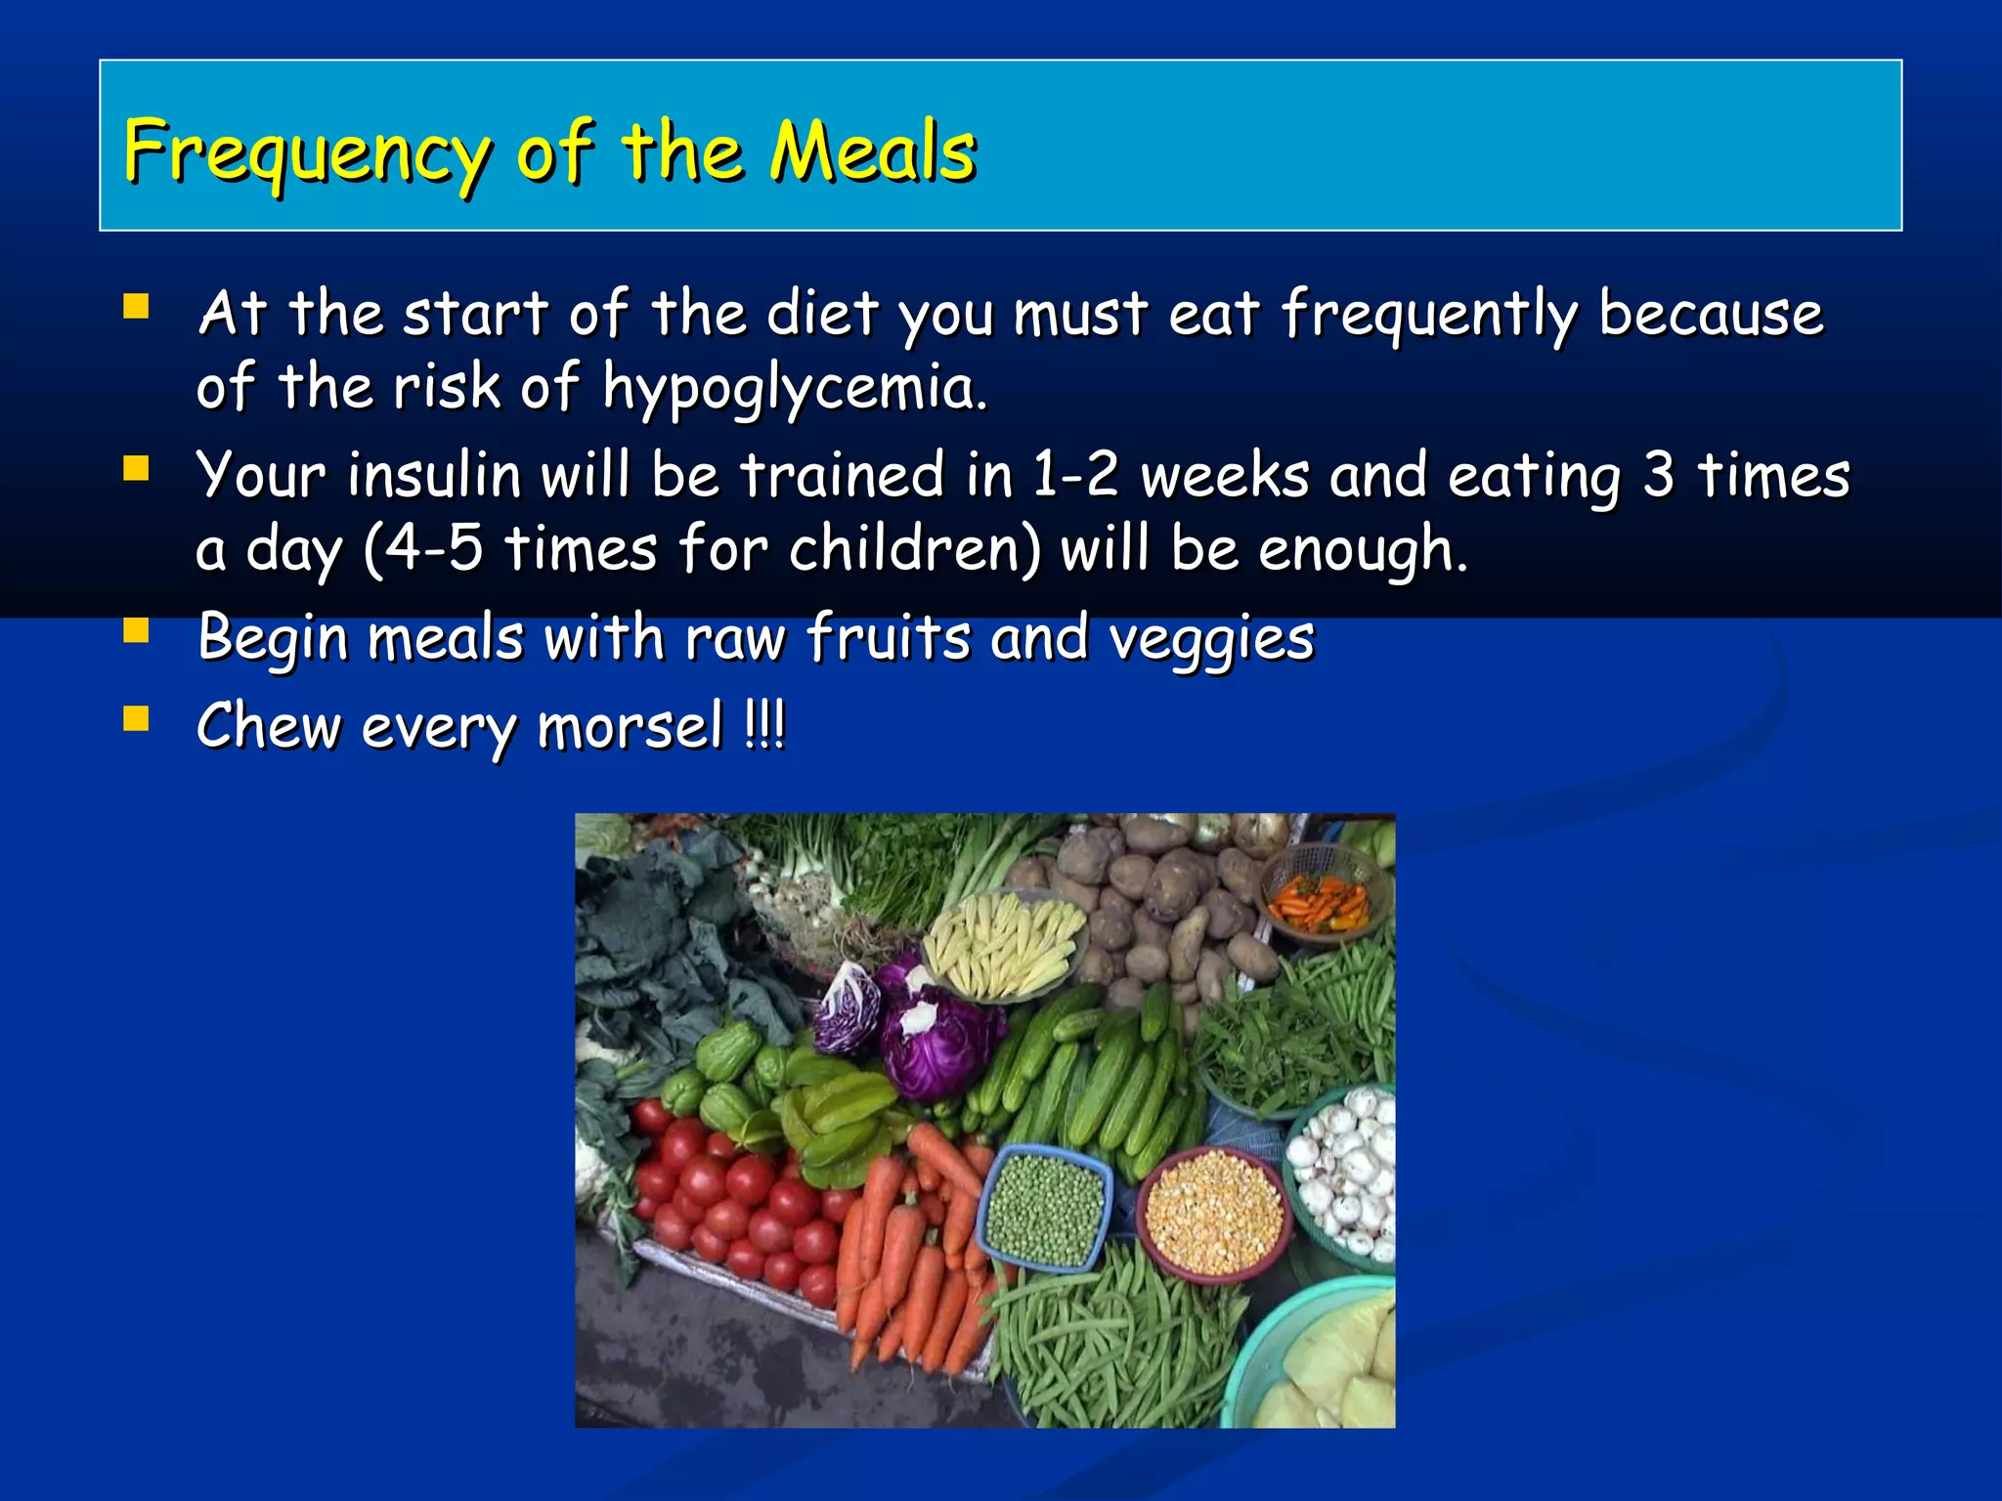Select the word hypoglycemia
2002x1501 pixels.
click(x=794, y=389)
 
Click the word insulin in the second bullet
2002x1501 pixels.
click(x=434, y=476)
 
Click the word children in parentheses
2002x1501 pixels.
click(x=914, y=549)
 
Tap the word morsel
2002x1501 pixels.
click(x=630, y=727)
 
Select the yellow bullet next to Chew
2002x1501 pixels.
click(x=136, y=720)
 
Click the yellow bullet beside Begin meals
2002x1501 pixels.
click(x=136, y=631)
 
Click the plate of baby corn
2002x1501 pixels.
click(x=1004, y=943)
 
